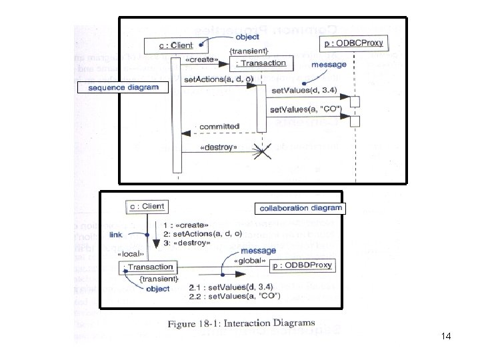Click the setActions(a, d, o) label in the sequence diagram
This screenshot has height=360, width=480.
coord(217,81)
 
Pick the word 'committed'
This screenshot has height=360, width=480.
coord(219,126)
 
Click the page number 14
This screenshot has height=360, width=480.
coord(446,337)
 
